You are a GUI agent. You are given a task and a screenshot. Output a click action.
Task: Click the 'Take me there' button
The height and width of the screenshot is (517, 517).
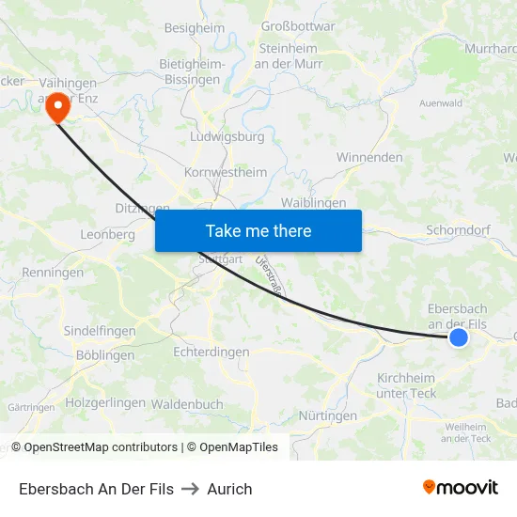pyautogui.click(x=258, y=230)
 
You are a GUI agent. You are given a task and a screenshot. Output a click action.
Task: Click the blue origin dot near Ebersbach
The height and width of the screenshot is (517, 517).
pyautogui.click(x=458, y=337)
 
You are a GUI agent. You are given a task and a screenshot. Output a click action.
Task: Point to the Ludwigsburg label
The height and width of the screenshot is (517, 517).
pyautogui.click(x=227, y=136)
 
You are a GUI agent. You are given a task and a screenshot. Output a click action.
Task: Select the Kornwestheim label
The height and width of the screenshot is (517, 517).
pyautogui.click(x=226, y=172)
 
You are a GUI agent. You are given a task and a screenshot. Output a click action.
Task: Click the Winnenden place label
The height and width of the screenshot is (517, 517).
pyautogui.click(x=369, y=157)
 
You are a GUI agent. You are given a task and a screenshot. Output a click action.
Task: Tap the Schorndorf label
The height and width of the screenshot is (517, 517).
pyautogui.click(x=458, y=229)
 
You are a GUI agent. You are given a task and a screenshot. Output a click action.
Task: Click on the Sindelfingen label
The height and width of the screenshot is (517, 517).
pyautogui.click(x=100, y=331)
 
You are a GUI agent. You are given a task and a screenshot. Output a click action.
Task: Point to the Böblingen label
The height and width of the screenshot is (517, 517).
pyautogui.click(x=104, y=355)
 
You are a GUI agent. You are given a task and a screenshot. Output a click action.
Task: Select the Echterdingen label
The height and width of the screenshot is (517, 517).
pyautogui.click(x=211, y=352)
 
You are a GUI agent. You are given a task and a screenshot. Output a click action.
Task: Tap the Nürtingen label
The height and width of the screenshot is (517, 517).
pyautogui.click(x=327, y=415)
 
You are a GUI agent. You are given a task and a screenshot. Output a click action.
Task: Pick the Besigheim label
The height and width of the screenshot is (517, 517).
pyautogui.click(x=195, y=28)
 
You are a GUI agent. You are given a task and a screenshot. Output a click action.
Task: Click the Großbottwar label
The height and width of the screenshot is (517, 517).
pyautogui.click(x=298, y=26)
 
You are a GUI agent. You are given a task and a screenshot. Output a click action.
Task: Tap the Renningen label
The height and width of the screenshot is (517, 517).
pyautogui.click(x=52, y=273)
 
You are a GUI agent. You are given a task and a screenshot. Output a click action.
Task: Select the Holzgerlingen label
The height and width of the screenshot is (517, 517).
pyautogui.click(x=105, y=402)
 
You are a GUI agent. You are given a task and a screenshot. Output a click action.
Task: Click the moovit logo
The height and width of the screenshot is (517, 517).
pyautogui.click(x=460, y=487)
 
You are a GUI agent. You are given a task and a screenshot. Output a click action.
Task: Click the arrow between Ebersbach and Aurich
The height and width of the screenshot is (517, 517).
pyautogui.click(x=191, y=489)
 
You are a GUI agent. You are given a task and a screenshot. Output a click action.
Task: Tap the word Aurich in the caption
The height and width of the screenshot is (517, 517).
pyautogui.click(x=230, y=489)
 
